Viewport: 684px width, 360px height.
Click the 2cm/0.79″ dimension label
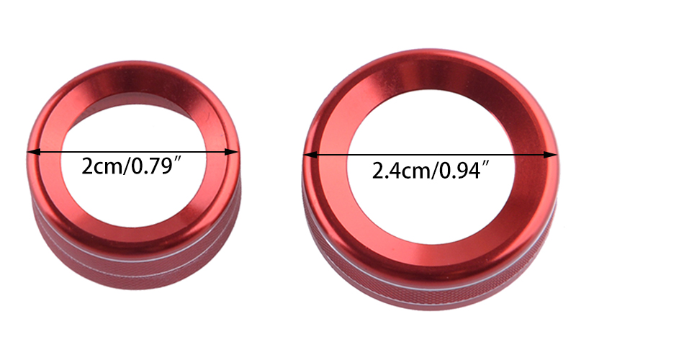(131, 166)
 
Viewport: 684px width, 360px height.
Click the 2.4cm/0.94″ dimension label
(431, 170)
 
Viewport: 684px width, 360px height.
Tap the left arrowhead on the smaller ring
(34, 152)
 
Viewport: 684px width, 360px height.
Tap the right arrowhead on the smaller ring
(232, 152)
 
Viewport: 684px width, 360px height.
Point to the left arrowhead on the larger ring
(310, 155)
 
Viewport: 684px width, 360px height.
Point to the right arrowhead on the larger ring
(551, 155)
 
